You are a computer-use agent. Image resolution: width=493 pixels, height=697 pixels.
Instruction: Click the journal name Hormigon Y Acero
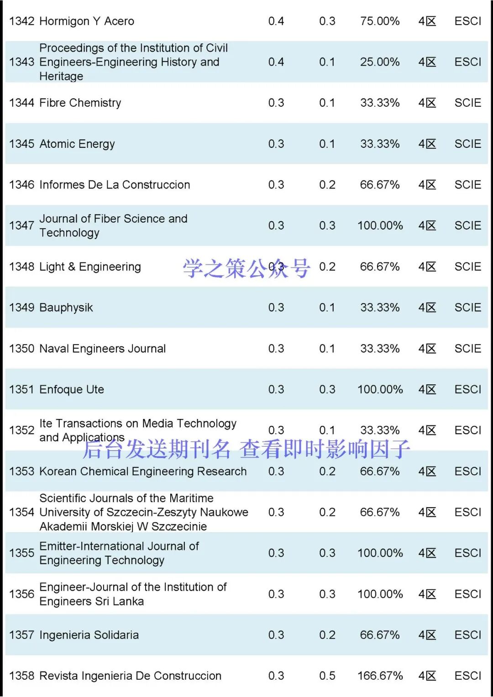point(87,21)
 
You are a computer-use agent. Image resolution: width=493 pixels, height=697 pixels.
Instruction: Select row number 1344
point(21,103)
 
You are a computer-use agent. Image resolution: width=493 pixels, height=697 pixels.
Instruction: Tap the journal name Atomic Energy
point(77,144)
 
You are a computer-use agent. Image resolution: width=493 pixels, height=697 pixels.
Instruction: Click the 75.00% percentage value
point(380,21)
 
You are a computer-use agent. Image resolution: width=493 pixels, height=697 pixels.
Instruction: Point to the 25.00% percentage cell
point(380,62)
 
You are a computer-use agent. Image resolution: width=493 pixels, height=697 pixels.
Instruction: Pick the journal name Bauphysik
point(66,308)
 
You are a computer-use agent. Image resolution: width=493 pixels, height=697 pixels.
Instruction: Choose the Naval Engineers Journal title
point(103,349)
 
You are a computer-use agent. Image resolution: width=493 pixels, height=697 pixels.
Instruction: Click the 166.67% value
point(380,676)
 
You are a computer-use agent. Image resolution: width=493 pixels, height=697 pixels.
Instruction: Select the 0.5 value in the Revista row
point(327,676)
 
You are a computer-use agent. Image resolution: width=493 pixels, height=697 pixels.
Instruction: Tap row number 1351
point(21,389)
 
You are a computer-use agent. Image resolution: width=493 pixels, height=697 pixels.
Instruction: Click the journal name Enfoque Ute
point(72,389)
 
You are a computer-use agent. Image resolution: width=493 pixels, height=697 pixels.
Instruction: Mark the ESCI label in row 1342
point(468,21)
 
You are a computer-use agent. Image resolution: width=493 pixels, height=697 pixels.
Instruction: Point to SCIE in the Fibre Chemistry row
point(468,103)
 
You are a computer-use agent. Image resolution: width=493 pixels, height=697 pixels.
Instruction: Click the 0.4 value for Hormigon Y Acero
point(276,21)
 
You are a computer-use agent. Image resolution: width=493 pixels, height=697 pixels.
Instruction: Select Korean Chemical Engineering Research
point(143,471)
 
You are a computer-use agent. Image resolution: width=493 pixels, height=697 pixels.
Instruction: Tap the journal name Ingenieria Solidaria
point(89,635)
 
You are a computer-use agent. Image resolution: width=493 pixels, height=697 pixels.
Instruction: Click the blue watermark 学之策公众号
point(246,268)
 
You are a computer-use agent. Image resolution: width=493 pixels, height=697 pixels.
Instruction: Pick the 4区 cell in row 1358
point(427,676)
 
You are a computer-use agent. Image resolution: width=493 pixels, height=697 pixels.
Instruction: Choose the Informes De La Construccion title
point(115,185)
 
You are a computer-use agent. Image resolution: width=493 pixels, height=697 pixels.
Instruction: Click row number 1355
point(21,553)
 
